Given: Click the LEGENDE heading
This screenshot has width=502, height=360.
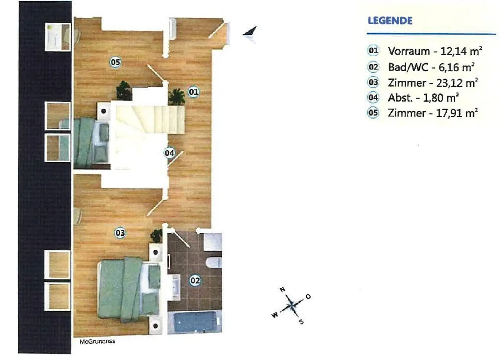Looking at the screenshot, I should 390,21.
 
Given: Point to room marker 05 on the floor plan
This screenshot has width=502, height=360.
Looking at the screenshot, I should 115,62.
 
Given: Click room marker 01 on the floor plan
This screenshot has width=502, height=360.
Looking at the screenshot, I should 193,92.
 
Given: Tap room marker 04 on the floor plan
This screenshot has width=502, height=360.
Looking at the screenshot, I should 169,153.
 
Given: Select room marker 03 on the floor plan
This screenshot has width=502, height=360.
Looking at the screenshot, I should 120,233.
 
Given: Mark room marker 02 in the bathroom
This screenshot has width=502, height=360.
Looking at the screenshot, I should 195,280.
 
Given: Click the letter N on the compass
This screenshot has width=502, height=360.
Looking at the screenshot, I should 282,289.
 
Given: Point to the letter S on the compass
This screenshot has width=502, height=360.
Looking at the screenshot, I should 301,322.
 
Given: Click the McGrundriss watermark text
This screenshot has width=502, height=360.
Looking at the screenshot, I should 97,341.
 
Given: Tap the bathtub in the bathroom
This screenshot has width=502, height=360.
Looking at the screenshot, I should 195,322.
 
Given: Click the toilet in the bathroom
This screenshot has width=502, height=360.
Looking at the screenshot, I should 214,262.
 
